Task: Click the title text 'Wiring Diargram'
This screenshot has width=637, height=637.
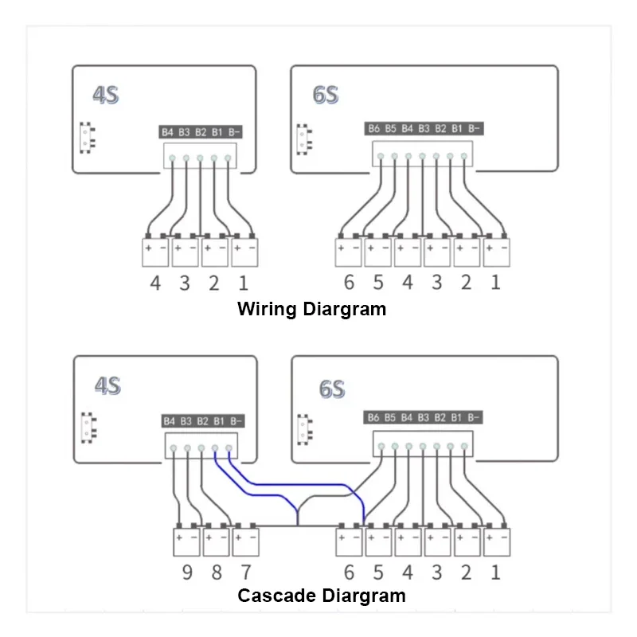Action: tap(311, 309)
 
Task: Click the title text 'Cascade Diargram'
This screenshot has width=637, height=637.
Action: tap(322, 596)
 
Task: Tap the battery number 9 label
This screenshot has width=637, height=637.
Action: tap(187, 572)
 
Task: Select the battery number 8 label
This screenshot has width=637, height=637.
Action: tap(217, 572)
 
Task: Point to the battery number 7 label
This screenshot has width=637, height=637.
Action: tap(245, 572)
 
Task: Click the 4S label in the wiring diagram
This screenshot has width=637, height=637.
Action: tap(105, 96)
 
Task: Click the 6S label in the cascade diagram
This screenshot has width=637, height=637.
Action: tap(331, 389)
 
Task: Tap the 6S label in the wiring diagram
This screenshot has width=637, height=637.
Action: tap(326, 96)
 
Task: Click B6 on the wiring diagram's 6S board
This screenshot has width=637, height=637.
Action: tap(374, 128)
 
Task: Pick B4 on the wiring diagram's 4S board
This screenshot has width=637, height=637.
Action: tap(167, 131)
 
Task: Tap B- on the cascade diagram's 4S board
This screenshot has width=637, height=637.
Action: tap(236, 420)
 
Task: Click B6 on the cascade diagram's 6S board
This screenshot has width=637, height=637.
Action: tap(374, 417)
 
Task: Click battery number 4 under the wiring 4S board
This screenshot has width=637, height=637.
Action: tap(156, 282)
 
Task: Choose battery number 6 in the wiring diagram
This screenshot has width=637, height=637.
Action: tap(349, 282)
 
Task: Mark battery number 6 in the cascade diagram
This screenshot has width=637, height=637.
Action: tap(349, 572)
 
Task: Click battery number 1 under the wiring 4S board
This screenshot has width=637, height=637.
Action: tap(243, 282)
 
